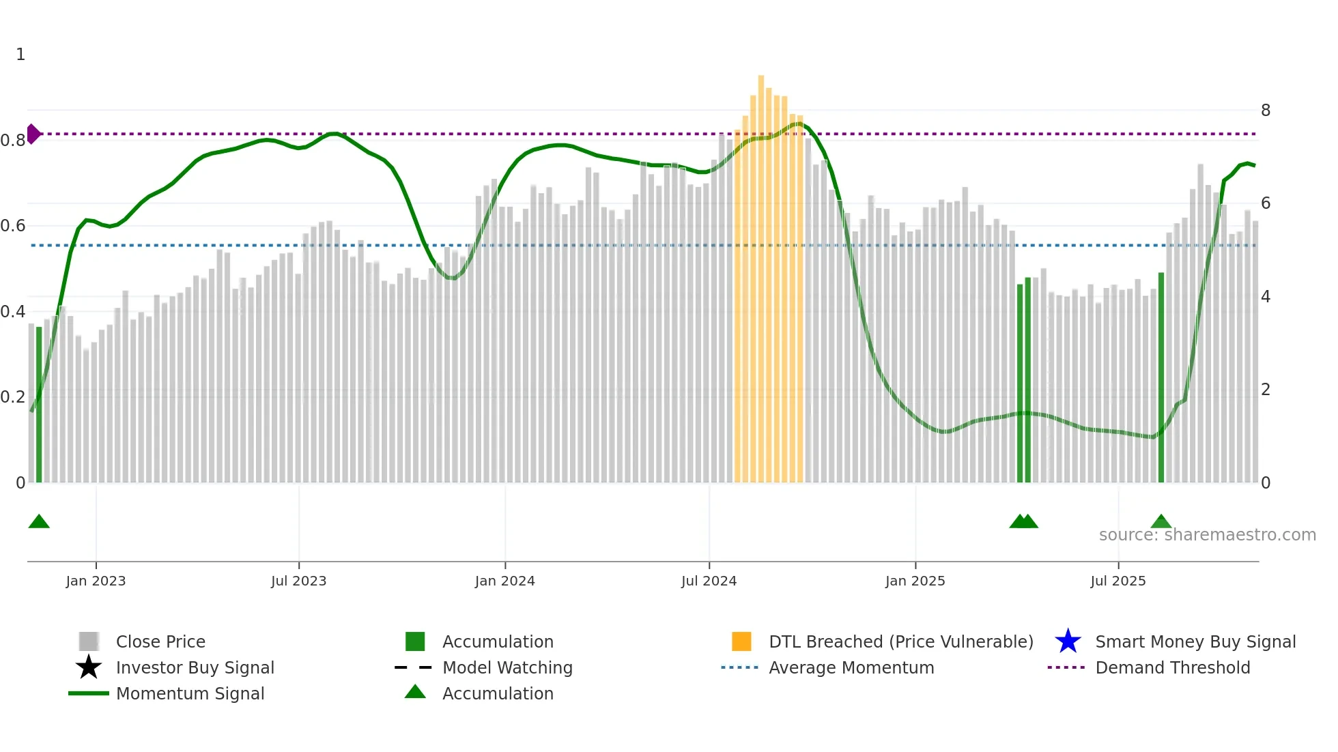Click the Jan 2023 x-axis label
pyautogui.click(x=96, y=581)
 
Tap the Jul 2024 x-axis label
pyautogui.click(x=709, y=581)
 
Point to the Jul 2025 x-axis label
pyautogui.click(x=1118, y=581)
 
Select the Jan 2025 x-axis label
pyautogui.click(x=915, y=581)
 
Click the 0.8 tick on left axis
pyautogui.click(x=13, y=141)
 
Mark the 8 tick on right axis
pyautogui.click(x=1265, y=111)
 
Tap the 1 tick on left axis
pyautogui.click(x=20, y=55)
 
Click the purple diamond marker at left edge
pyautogui.click(x=33, y=134)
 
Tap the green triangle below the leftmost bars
pyautogui.click(x=39, y=522)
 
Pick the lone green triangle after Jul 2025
pyautogui.click(x=1161, y=522)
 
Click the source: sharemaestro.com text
pyautogui.click(x=1207, y=535)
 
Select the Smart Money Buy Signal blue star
pyautogui.click(x=1068, y=641)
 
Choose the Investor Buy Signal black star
pyautogui.click(x=89, y=667)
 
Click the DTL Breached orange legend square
pyautogui.click(x=741, y=641)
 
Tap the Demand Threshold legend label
pyautogui.click(x=1172, y=667)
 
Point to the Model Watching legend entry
pyautogui.click(x=507, y=667)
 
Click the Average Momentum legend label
pyautogui.click(x=851, y=667)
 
